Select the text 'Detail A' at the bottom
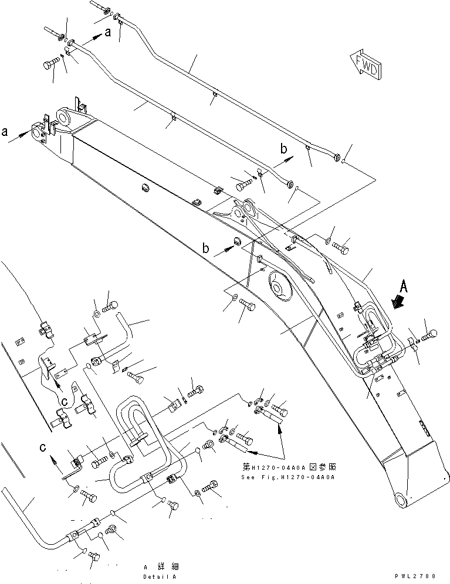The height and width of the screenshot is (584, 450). point(161,576)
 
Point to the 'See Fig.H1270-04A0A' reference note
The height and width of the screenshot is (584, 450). point(287,477)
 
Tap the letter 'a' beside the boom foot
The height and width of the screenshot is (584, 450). point(6,132)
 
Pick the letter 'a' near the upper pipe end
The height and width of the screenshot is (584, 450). point(107,33)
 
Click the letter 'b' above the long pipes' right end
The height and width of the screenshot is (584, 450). point(284,150)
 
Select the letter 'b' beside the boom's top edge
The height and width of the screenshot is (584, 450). point(207,248)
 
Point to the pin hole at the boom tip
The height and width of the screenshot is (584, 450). point(400,499)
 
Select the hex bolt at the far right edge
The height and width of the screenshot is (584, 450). point(428,336)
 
